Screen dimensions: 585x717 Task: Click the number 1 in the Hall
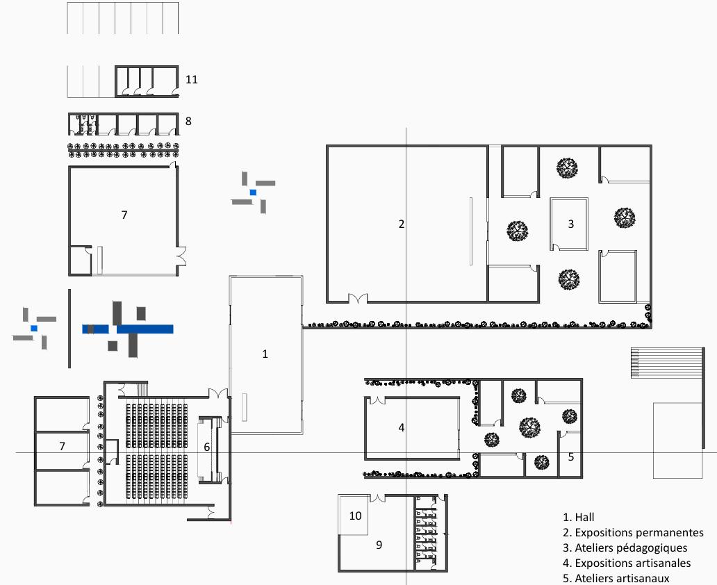coord(265,354)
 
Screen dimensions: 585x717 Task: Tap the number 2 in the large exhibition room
coord(401,224)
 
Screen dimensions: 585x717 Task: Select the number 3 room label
coord(571,224)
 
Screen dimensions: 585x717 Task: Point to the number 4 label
coord(401,427)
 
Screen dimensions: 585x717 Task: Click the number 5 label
coord(571,457)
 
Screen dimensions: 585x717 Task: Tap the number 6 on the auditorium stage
coord(206,447)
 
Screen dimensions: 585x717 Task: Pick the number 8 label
coord(188,121)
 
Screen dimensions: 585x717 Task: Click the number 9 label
coord(379,545)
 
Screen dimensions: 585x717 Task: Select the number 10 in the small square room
coord(355,516)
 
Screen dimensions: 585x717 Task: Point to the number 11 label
coord(191,80)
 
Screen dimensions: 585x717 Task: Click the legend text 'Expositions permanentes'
coord(638,533)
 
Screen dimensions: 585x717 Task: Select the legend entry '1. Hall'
coord(579,518)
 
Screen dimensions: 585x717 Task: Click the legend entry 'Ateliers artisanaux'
coord(622,578)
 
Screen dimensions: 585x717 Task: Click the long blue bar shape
coord(129,329)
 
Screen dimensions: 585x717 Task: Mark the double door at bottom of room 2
coord(357,299)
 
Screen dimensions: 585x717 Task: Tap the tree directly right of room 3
coord(624,217)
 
